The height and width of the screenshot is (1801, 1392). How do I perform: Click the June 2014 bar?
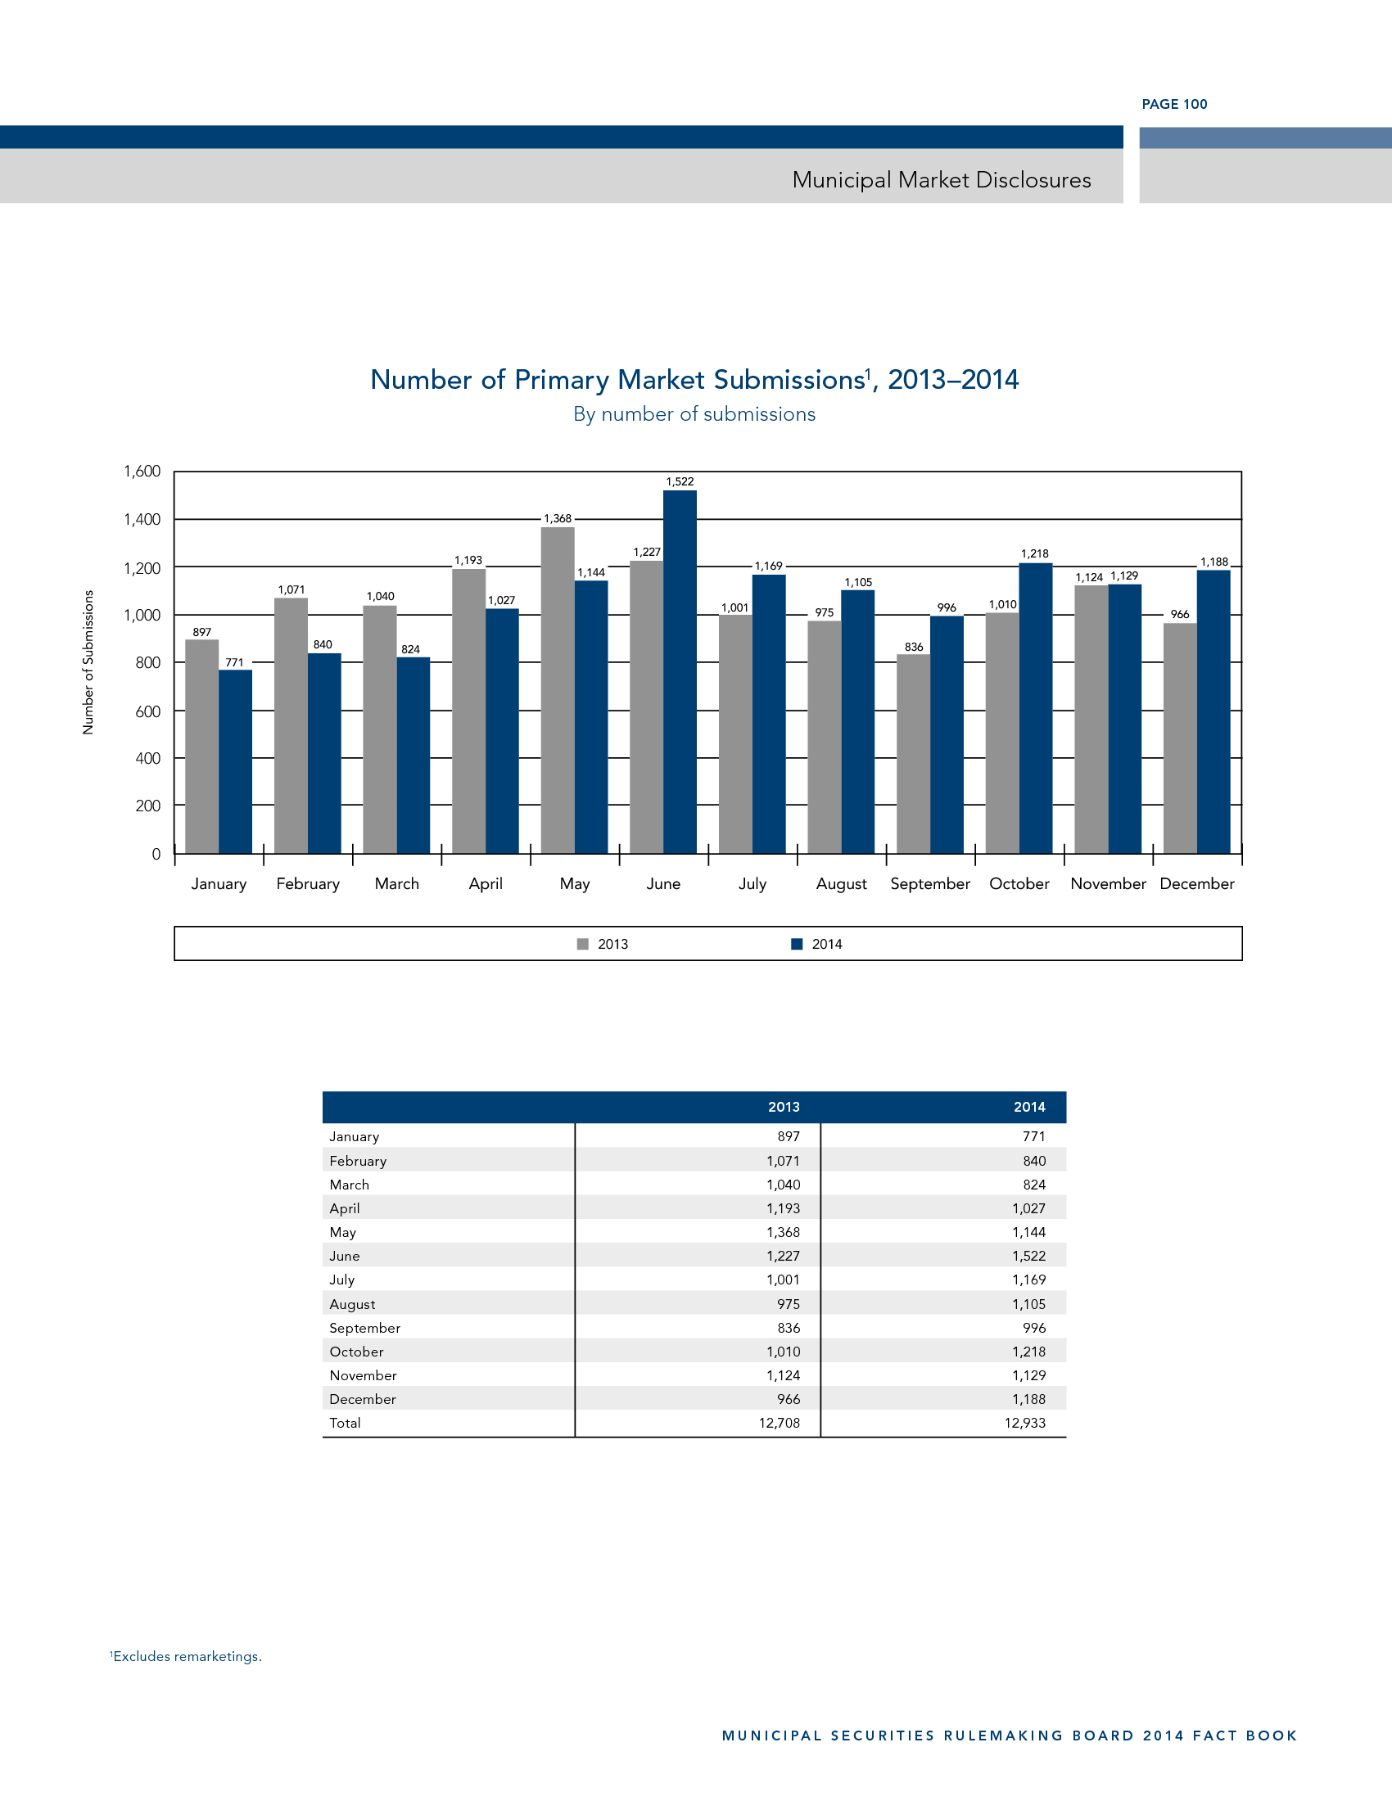[680, 671]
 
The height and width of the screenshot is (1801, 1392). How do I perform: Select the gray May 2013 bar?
[558, 689]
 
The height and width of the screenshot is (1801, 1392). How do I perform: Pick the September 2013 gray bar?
[913, 754]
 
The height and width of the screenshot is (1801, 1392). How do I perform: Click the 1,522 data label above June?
[680, 481]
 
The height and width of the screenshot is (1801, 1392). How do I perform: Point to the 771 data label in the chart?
[234, 662]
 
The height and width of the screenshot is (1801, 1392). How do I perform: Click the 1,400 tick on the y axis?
[142, 520]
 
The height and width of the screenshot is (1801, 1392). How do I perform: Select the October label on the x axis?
[1019, 883]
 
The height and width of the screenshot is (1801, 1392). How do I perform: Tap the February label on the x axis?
[308, 883]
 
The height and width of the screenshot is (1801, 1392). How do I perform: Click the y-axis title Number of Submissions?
[88, 662]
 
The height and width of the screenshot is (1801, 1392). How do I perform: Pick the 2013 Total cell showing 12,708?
[780, 1423]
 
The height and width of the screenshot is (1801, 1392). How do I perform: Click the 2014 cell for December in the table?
[1028, 1398]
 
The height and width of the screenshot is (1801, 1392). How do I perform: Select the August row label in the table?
[352, 1304]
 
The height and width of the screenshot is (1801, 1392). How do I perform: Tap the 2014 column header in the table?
[1029, 1107]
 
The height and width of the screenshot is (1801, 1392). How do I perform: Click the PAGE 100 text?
[1174, 104]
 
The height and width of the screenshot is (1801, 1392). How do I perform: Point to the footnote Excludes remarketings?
[187, 1656]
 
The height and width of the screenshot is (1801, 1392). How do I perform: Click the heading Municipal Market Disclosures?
[941, 180]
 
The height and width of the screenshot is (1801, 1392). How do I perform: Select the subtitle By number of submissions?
[694, 414]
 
